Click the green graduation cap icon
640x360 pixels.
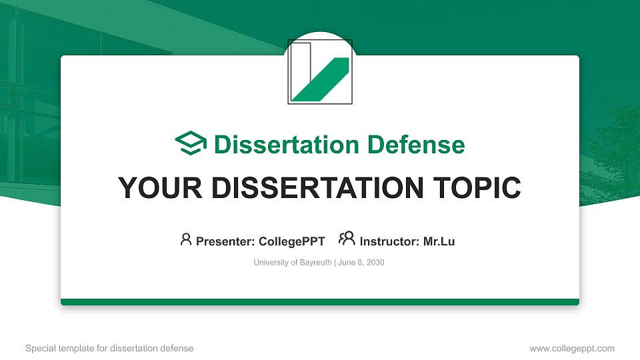pos(191,143)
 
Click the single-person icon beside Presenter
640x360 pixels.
pos(186,239)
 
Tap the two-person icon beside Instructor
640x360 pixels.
pos(347,239)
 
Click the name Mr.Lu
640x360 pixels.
pos(439,241)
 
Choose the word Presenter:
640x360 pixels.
pos(225,241)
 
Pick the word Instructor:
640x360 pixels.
pos(389,241)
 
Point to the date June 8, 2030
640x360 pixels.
pos(361,263)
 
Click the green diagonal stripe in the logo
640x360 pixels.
pos(320,79)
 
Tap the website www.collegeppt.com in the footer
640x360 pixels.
pos(571,348)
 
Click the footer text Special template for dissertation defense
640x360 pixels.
pos(109,348)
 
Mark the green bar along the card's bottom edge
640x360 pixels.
pos(320,302)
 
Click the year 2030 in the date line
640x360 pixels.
pos(375,263)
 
